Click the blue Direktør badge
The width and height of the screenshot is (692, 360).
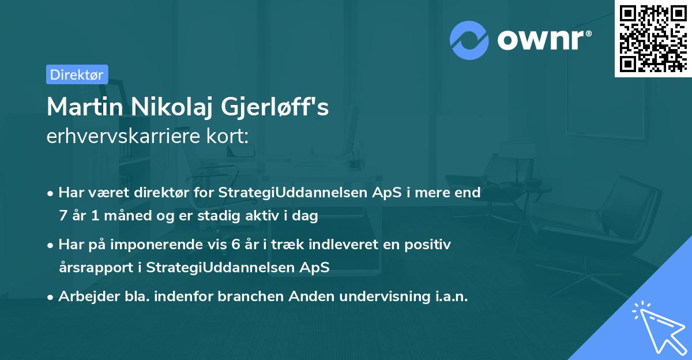(x=77, y=74)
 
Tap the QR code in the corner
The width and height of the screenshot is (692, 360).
(x=652, y=38)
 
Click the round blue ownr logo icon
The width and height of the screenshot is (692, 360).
(x=469, y=40)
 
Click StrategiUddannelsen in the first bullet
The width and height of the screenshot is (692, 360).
(x=275, y=193)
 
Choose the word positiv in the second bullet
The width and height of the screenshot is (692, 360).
(x=430, y=245)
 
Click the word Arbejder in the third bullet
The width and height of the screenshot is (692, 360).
(x=84, y=297)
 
